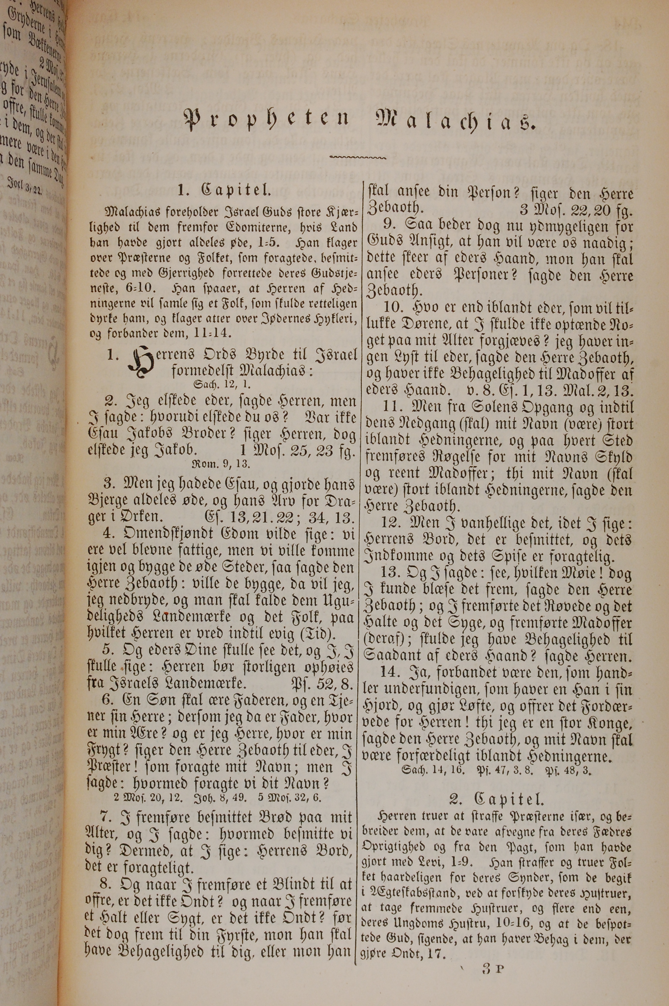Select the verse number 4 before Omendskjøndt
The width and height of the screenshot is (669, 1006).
point(110,534)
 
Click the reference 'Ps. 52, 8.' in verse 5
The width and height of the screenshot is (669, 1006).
point(322,684)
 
